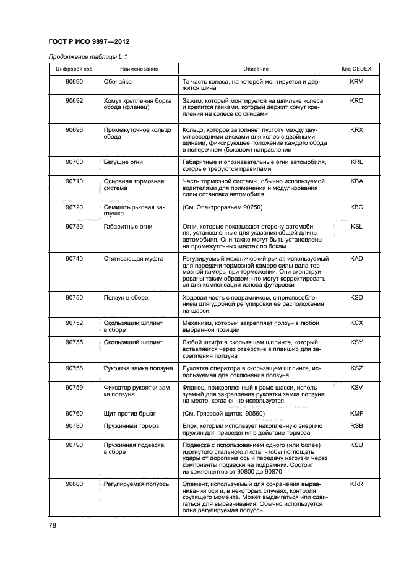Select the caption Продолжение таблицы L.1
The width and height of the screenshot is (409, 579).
[83, 58]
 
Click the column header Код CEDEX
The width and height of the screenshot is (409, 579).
[356, 69]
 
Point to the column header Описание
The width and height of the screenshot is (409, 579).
[256, 69]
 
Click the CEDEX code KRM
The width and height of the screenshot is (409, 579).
[356, 82]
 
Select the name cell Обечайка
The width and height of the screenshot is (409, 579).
[118, 82]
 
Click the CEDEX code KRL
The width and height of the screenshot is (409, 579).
[356, 162]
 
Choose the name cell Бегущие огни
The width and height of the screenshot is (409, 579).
[123, 162]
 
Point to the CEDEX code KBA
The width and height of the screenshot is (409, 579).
[356, 181]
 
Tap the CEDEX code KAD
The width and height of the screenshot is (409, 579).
[356, 258]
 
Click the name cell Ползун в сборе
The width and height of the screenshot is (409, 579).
[126, 297]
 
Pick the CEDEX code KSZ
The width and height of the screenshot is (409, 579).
[356, 368]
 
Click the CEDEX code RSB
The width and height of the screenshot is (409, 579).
[356, 426]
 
